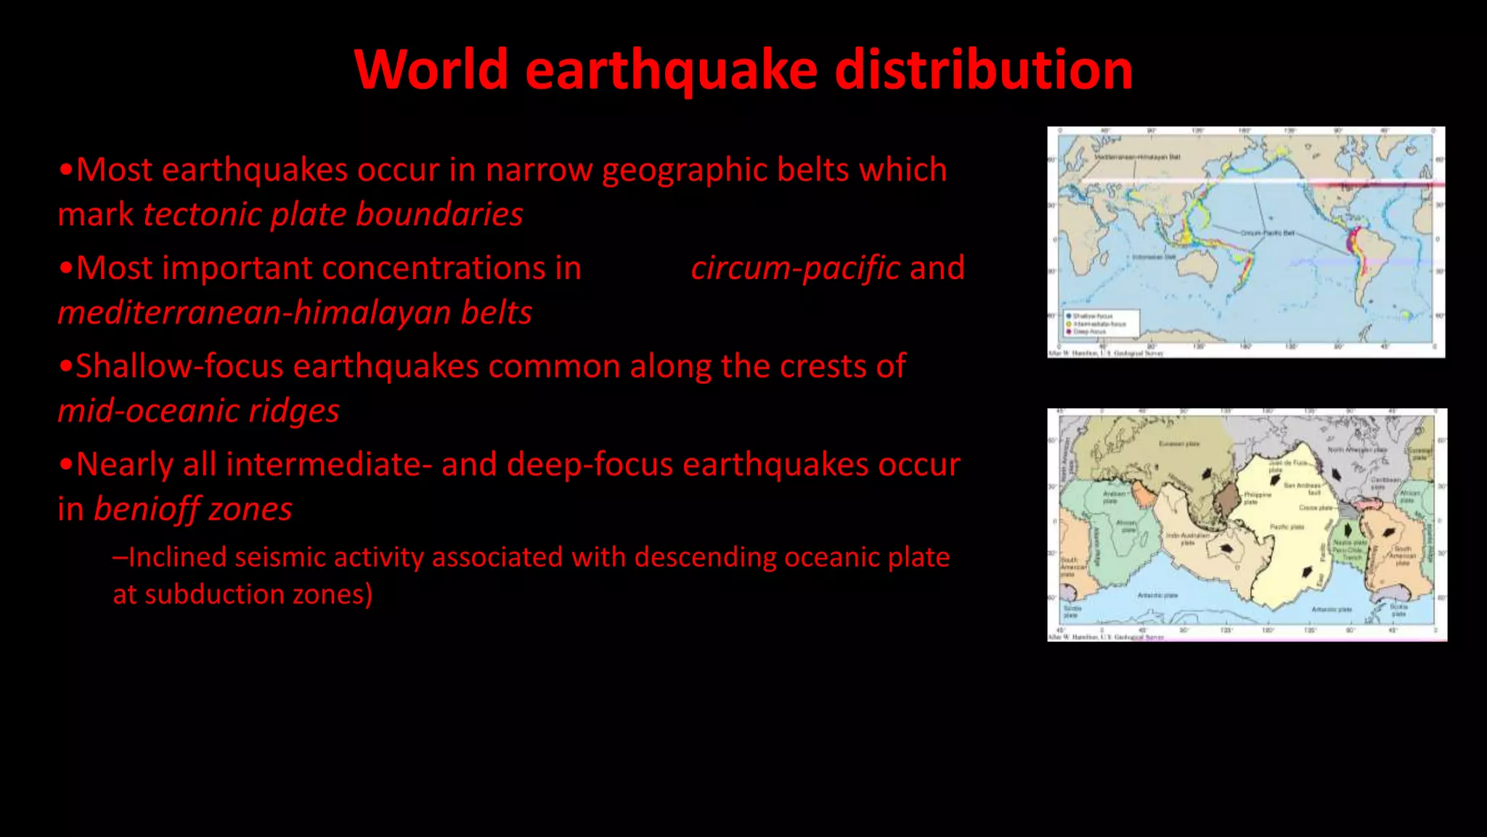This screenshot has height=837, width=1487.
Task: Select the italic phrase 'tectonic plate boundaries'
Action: tap(333, 214)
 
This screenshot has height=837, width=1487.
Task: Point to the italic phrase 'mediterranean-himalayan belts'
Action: tap(295, 312)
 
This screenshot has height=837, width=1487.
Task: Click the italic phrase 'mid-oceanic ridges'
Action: tap(198, 411)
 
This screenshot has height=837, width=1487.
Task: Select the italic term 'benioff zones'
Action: tap(193, 509)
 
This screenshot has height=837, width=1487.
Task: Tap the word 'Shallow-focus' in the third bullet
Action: tap(179, 366)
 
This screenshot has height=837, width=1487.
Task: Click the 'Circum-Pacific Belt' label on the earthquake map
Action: tap(1267, 233)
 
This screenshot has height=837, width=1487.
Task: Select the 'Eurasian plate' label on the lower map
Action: tap(1178, 443)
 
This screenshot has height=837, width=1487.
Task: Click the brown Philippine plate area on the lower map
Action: tap(1227, 501)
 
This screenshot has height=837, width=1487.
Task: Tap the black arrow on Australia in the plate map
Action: tap(1227, 549)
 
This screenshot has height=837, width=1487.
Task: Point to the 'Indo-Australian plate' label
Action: tap(1187, 538)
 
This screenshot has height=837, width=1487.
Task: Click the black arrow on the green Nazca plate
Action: tap(1348, 529)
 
